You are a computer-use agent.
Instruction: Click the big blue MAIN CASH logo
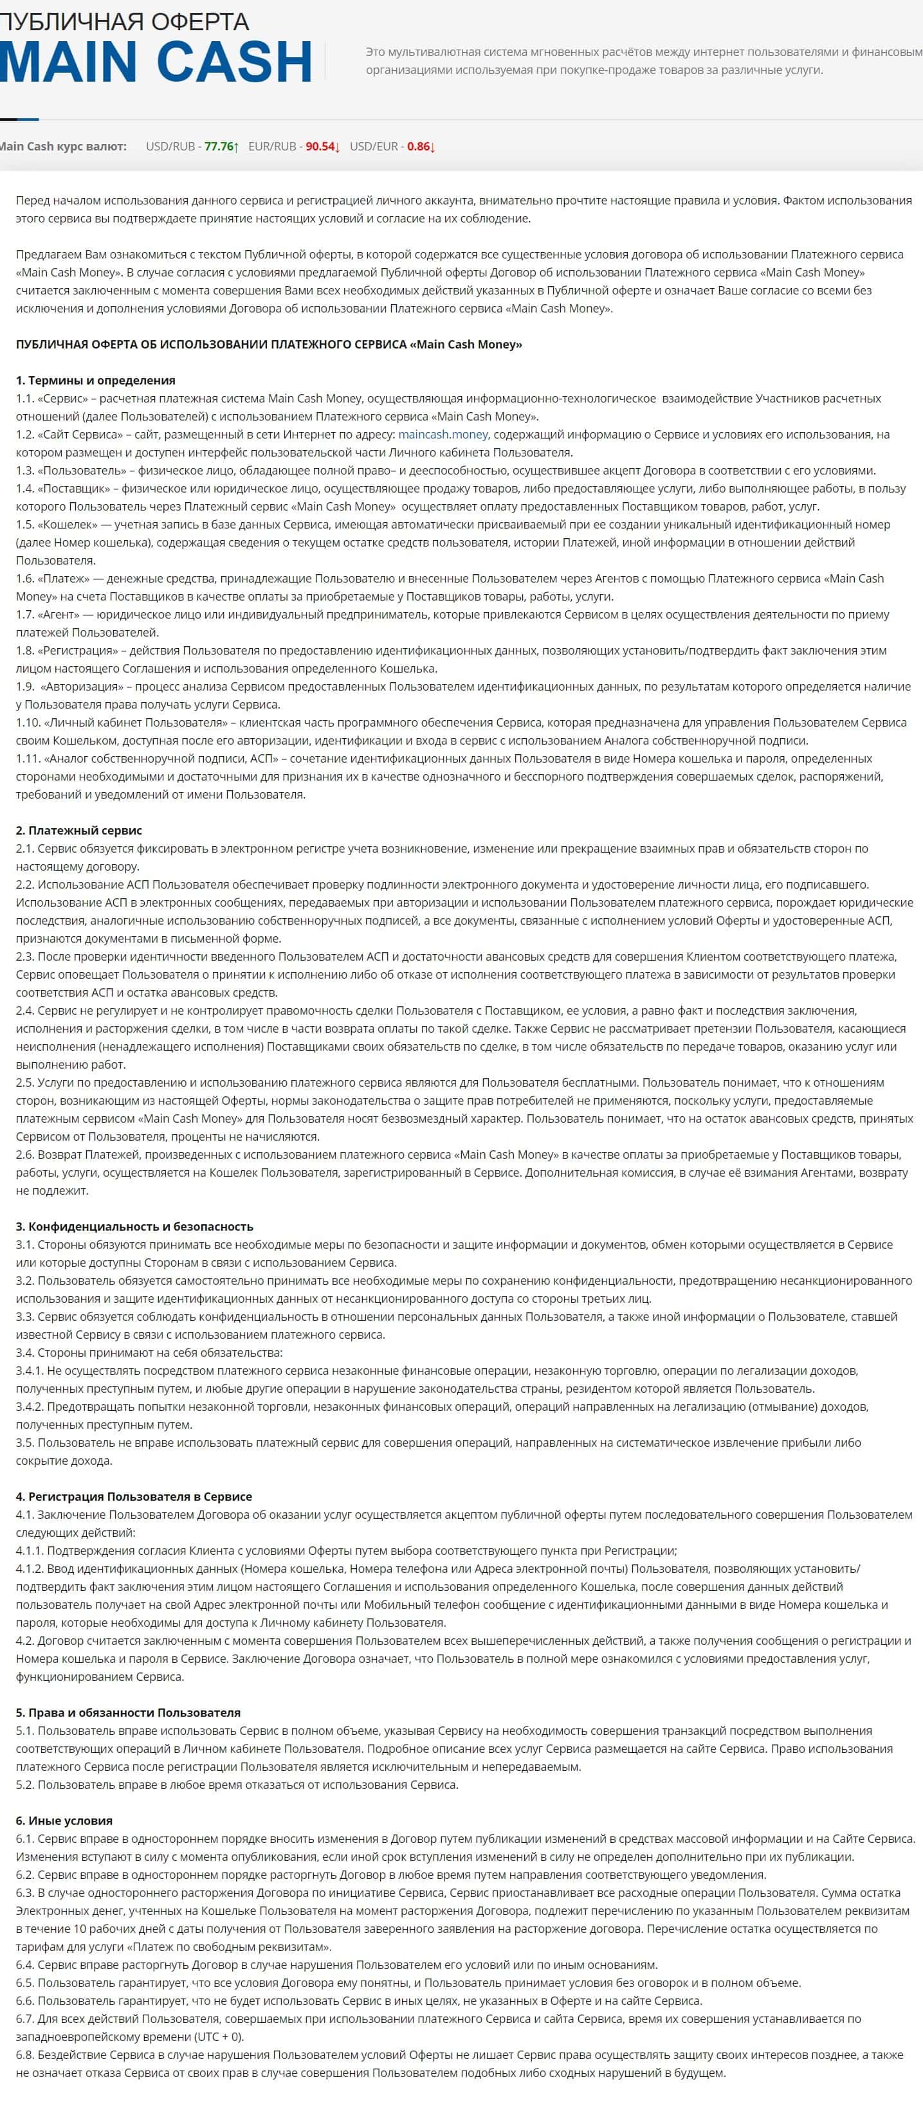pos(155,62)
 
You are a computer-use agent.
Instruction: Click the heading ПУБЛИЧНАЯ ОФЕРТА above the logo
pos(124,21)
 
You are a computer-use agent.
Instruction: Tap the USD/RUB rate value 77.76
pos(218,147)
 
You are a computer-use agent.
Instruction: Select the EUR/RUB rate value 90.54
pos(320,147)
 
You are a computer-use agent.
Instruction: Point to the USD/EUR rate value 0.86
pos(418,147)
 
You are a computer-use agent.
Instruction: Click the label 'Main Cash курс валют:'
pos(63,147)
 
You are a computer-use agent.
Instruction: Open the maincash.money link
pos(443,434)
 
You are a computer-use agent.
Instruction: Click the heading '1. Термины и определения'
pos(95,380)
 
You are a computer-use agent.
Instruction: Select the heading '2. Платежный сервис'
pos(79,831)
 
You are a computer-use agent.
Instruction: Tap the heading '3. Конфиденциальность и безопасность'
pos(134,1226)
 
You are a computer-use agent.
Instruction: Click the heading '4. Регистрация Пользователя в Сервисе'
pos(134,1496)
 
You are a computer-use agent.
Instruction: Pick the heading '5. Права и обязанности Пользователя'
pos(128,1713)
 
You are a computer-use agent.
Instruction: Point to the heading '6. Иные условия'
pos(64,1820)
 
